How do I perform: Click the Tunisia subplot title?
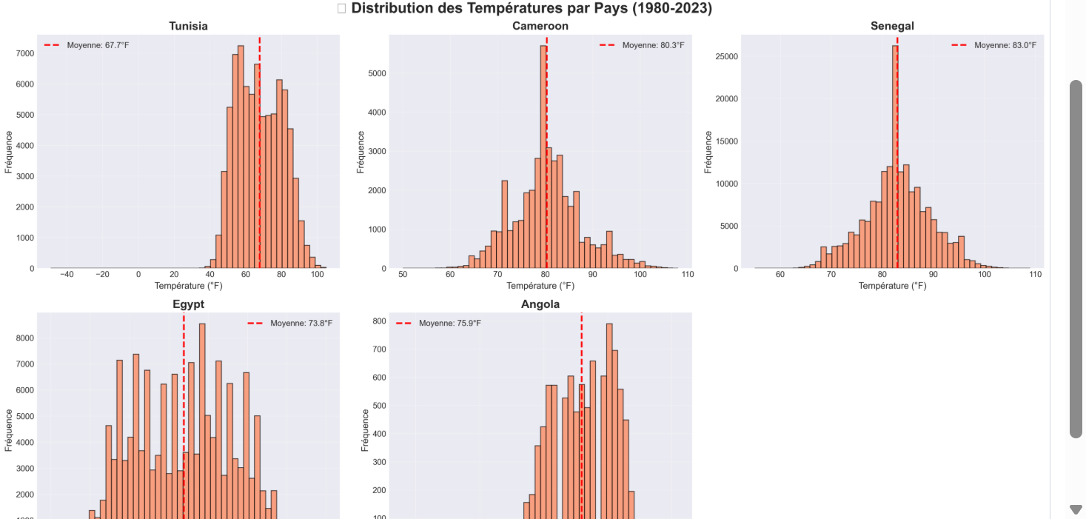pyautogui.click(x=188, y=26)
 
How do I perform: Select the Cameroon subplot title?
pyautogui.click(x=540, y=26)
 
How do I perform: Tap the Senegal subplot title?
pyautogui.click(x=892, y=26)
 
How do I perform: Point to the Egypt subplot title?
pyautogui.click(x=188, y=304)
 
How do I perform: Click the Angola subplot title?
pyautogui.click(x=540, y=304)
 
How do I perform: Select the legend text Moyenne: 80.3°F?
pyautogui.click(x=653, y=45)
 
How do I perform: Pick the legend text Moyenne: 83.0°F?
pyautogui.click(x=1005, y=45)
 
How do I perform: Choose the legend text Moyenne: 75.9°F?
pyautogui.click(x=449, y=324)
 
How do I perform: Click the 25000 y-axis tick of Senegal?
pyautogui.click(x=727, y=56)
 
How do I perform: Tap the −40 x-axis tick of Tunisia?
pyautogui.click(x=67, y=275)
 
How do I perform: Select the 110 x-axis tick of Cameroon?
pyautogui.click(x=687, y=275)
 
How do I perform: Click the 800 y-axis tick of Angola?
pyautogui.click(x=378, y=321)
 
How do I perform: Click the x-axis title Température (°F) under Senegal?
pyautogui.click(x=892, y=286)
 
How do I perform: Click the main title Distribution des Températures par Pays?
pyautogui.click(x=532, y=9)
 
